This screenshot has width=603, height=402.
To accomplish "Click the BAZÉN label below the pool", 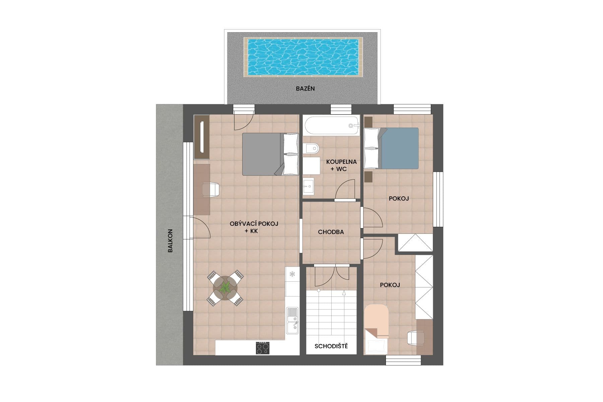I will point(305,89).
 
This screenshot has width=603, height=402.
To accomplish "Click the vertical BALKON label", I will point(170,241).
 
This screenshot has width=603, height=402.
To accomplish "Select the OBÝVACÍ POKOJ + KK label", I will point(254,227).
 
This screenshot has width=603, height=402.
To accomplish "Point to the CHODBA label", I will point(331,232).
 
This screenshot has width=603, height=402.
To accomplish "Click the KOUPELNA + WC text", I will point(341,165).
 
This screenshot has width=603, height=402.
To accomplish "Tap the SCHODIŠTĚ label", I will point(331,346).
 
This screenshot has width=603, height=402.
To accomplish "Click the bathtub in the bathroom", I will point(332,126).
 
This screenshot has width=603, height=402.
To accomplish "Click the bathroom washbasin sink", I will point(309,186).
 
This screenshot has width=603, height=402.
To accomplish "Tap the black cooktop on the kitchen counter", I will point(262,348).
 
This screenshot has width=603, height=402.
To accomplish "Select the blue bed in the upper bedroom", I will point(399,148).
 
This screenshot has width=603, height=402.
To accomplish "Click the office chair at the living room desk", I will point(211,189).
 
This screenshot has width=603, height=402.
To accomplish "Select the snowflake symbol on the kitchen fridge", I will point(292,274).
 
